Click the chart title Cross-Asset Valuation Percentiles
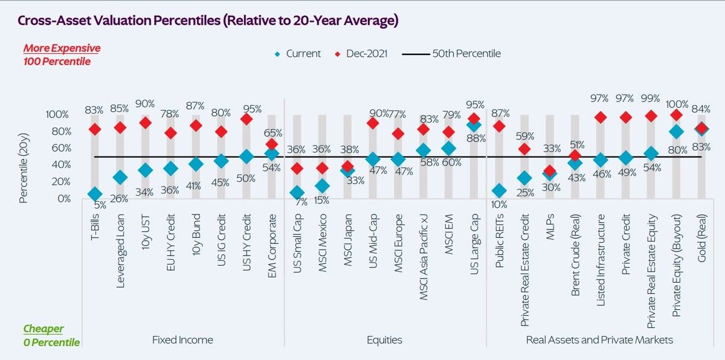(208, 21)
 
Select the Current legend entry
(297, 54)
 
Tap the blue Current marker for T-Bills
(94, 194)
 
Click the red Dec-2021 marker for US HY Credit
(246, 120)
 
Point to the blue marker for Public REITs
(499, 191)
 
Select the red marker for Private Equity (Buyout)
(677, 115)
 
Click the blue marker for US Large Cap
(474, 125)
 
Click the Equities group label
(384, 340)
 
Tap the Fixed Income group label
(183, 340)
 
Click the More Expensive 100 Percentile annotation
(62, 55)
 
